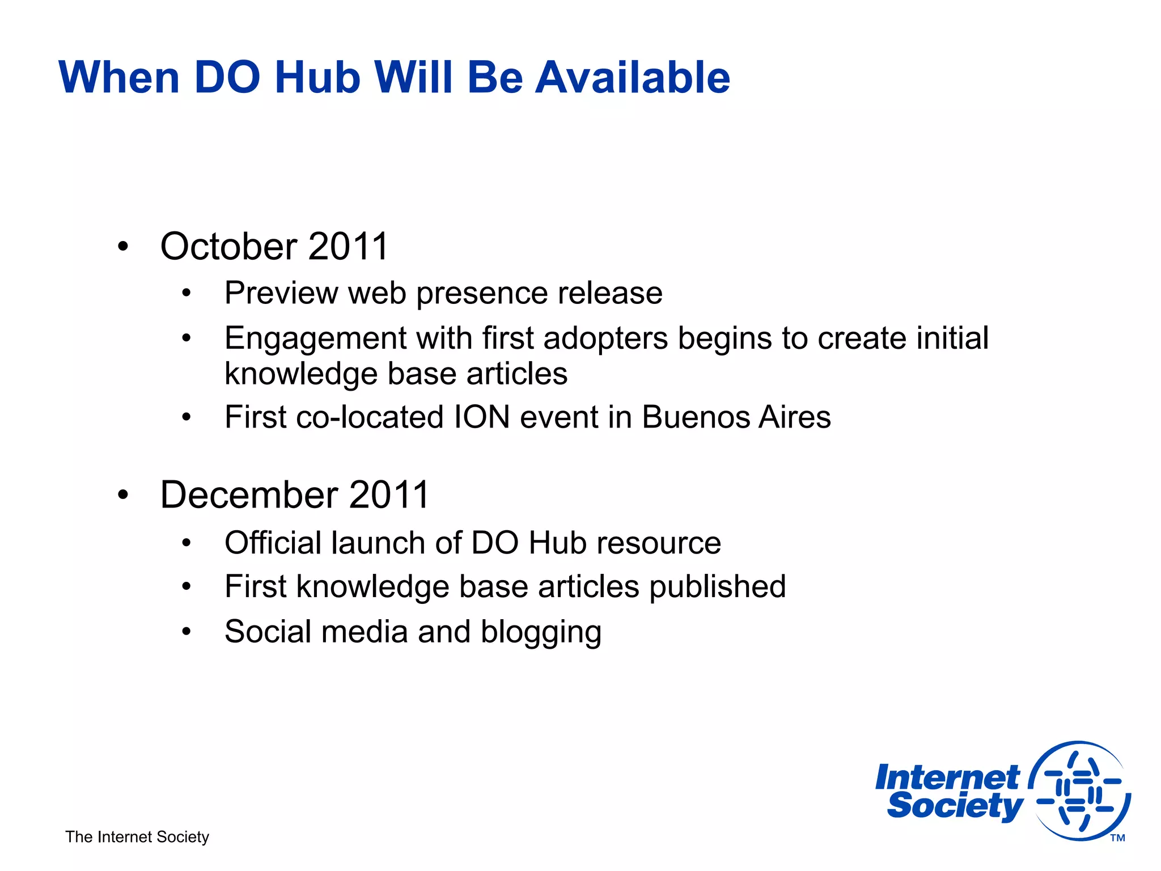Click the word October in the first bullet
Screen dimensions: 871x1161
click(228, 247)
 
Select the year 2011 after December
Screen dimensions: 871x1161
click(389, 495)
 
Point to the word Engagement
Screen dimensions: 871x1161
click(315, 339)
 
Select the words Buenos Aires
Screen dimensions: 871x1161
click(736, 417)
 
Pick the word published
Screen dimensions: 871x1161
click(718, 587)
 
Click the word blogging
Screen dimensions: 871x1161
click(541, 632)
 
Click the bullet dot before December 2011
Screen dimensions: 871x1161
click(123, 495)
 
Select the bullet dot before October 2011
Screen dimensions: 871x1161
click(123, 247)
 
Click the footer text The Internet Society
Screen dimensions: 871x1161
click(137, 837)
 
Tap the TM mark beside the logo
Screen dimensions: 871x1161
click(1117, 838)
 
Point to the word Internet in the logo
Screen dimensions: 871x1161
click(947, 777)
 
